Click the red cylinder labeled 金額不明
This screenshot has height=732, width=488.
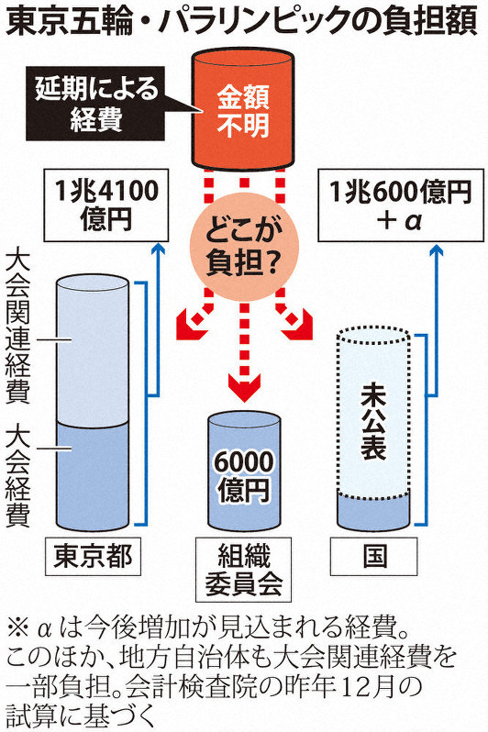(x=243, y=111)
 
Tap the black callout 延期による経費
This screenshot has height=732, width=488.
(x=95, y=104)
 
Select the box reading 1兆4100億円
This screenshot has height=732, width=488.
(x=106, y=205)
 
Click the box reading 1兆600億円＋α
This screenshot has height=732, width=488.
(x=400, y=205)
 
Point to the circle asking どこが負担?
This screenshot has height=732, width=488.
(x=243, y=247)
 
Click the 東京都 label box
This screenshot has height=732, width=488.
(x=93, y=556)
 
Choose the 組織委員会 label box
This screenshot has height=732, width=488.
(x=243, y=570)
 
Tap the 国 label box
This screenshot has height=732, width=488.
(x=374, y=556)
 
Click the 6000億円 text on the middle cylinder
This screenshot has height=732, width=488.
(x=243, y=476)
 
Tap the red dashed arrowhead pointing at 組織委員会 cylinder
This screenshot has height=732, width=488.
(x=244, y=387)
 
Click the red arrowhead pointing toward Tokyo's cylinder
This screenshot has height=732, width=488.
(x=191, y=326)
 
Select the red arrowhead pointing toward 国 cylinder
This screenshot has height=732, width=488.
(x=297, y=326)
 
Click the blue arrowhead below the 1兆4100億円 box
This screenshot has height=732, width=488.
(x=159, y=249)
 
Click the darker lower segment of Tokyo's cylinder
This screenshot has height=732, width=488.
(x=92, y=476)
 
